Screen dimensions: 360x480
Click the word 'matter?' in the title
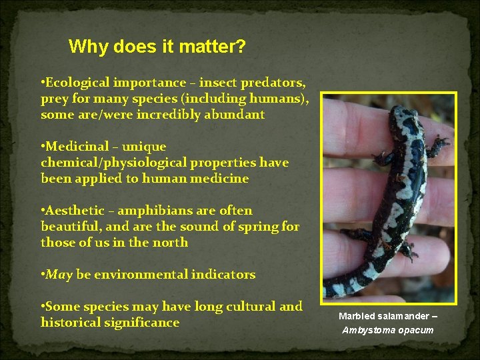(213, 47)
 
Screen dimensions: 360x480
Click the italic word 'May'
(58, 275)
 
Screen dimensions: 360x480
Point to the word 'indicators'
(223, 275)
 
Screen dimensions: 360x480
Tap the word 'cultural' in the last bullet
(242, 307)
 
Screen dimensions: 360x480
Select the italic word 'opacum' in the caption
(415, 330)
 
